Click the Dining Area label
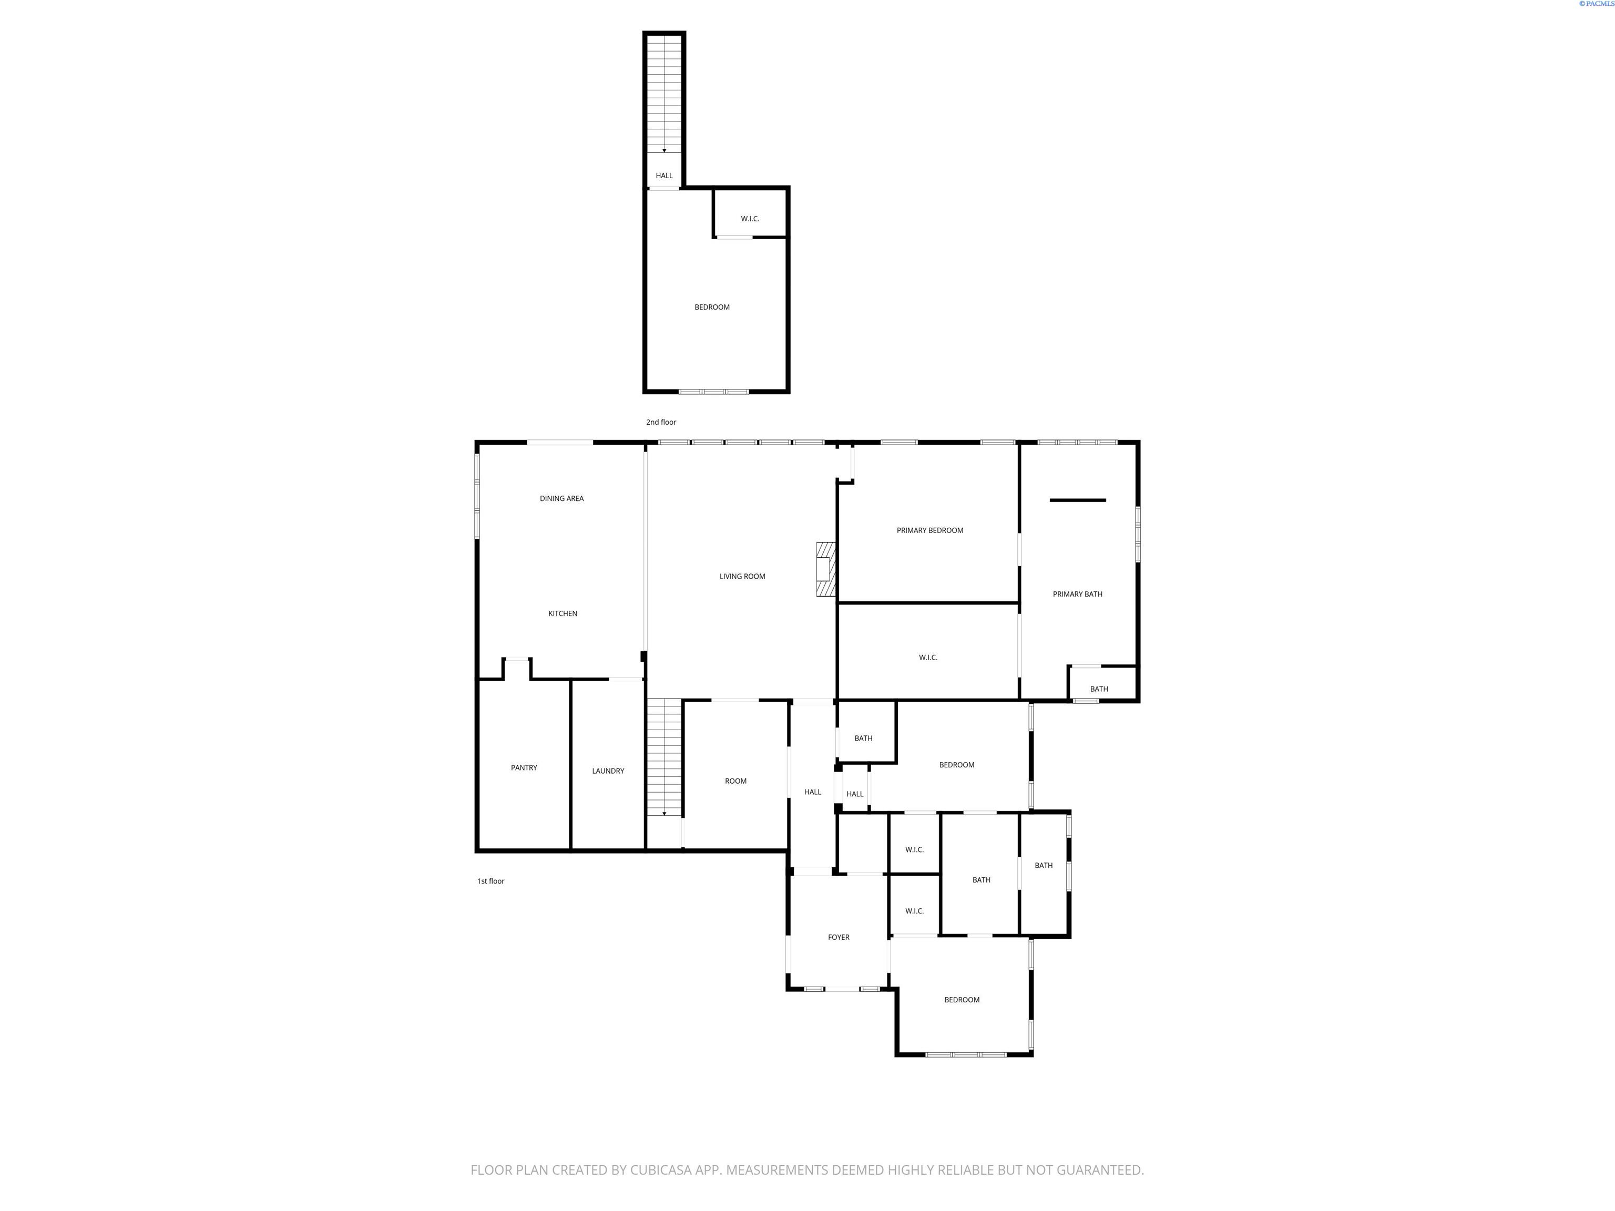click(x=561, y=499)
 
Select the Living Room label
click(x=742, y=577)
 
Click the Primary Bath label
click(x=1077, y=594)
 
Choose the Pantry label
click(x=524, y=768)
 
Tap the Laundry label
click(x=607, y=771)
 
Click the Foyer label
click(x=838, y=937)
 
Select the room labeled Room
click(x=735, y=781)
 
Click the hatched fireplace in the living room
click(x=825, y=569)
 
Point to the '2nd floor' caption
click(x=661, y=422)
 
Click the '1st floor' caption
click(x=490, y=881)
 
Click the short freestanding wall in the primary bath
click(x=1078, y=500)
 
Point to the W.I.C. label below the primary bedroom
click(x=928, y=658)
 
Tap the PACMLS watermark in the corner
click(x=1596, y=4)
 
